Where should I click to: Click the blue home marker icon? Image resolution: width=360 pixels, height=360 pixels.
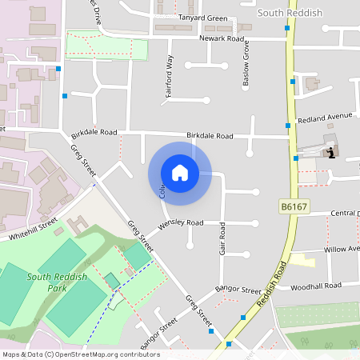(x=180, y=173)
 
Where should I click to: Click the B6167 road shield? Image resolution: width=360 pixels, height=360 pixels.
(x=292, y=207)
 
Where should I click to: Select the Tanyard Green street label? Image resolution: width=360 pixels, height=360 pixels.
(x=203, y=18)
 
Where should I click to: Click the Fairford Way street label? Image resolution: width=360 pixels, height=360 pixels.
(x=169, y=76)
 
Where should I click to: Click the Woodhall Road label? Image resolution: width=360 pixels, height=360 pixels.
(x=316, y=286)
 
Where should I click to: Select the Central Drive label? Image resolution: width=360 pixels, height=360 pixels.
(x=345, y=214)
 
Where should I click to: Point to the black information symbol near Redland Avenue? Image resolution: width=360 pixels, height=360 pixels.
(x=331, y=154)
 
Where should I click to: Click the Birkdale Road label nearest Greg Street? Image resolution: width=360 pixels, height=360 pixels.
(x=94, y=132)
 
